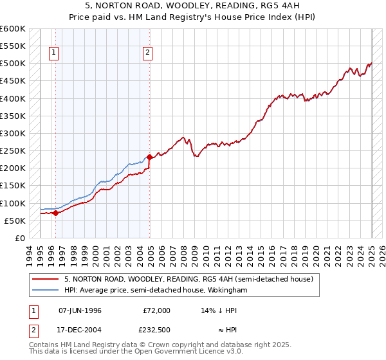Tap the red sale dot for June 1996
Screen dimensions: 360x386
(x=55, y=213)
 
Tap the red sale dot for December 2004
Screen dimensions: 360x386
(x=150, y=157)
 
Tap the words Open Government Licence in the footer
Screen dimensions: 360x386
(x=170, y=352)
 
